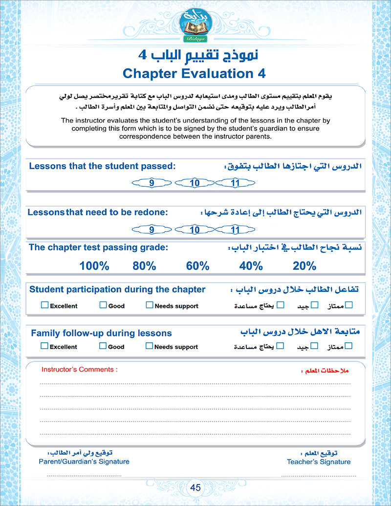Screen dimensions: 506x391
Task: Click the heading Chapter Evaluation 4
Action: click(x=195, y=73)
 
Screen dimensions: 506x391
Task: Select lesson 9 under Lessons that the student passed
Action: click(x=152, y=183)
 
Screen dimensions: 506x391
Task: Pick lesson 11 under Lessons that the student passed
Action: click(x=235, y=183)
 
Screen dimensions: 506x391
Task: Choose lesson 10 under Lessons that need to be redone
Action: click(x=195, y=229)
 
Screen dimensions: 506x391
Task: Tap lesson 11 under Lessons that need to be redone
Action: click(x=235, y=229)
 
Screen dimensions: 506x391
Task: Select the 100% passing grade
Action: click(x=94, y=266)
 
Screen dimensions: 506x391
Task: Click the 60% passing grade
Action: click(x=197, y=266)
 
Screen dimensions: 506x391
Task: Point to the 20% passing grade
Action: click(x=304, y=266)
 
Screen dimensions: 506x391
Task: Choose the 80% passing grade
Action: click(x=144, y=266)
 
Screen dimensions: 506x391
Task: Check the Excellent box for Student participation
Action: click(x=44, y=305)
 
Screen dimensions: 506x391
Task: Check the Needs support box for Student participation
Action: click(x=149, y=305)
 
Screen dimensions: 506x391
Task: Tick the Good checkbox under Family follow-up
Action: click(x=103, y=346)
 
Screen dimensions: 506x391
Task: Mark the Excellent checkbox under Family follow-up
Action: click(x=44, y=346)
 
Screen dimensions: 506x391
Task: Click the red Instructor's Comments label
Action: click(x=79, y=370)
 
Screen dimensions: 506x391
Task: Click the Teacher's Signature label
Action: click(x=319, y=462)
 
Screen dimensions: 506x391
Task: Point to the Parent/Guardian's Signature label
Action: click(x=84, y=462)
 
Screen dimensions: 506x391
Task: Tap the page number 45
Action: click(x=195, y=487)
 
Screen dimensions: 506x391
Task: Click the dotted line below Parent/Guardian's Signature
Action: click(x=84, y=475)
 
